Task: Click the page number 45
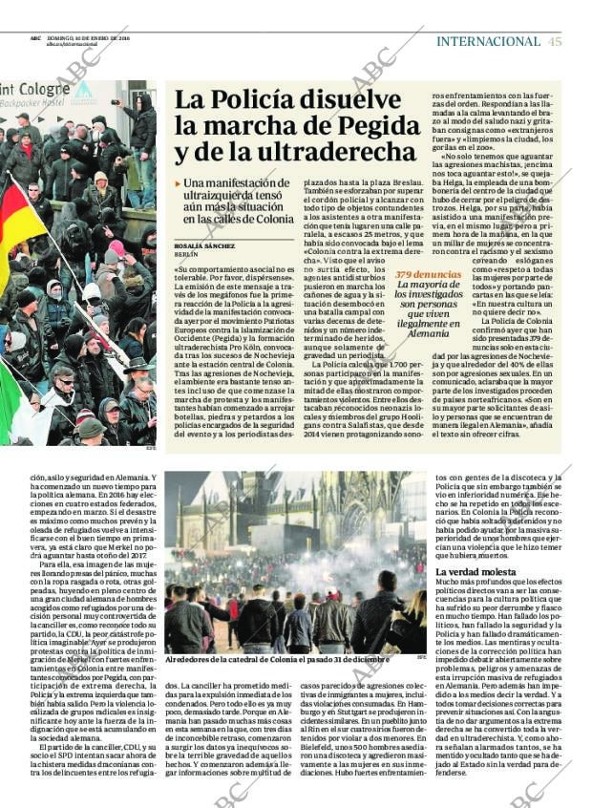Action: point(555,41)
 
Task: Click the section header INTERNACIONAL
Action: point(488,41)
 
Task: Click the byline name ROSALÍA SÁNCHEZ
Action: point(204,245)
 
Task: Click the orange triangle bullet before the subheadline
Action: point(178,182)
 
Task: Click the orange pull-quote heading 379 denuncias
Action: point(428,274)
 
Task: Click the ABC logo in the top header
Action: point(34,38)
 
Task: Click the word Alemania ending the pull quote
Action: point(428,333)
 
